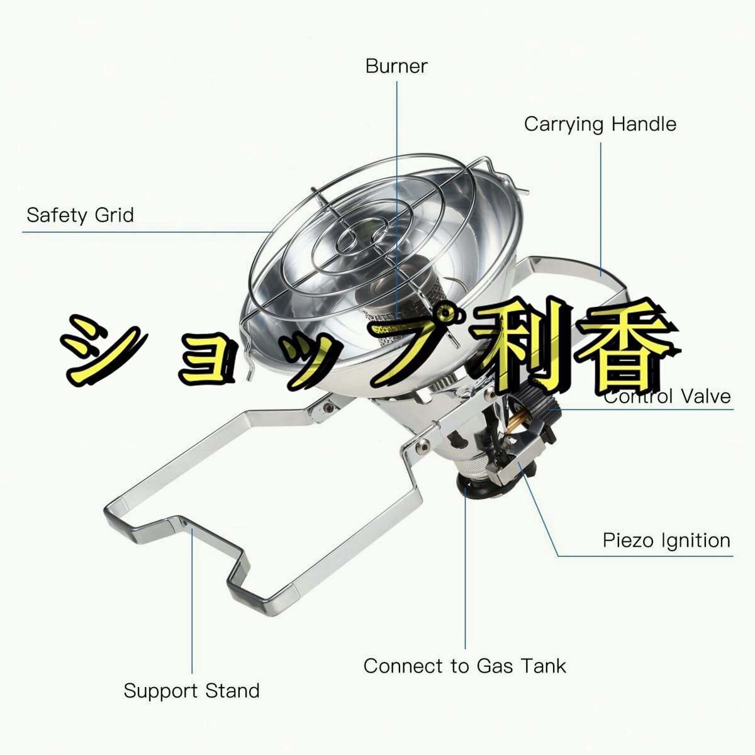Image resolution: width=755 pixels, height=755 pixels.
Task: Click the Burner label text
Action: [396, 66]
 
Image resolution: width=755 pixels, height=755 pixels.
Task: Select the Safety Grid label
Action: [80, 215]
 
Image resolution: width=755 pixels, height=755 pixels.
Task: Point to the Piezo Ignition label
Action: [666, 541]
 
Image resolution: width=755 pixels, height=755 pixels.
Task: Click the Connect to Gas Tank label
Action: [465, 666]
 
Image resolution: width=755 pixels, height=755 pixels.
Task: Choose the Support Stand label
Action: [192, 691]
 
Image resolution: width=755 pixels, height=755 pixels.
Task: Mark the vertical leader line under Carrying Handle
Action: [600, 209]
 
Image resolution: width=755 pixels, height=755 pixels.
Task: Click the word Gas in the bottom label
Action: [494, 666]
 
